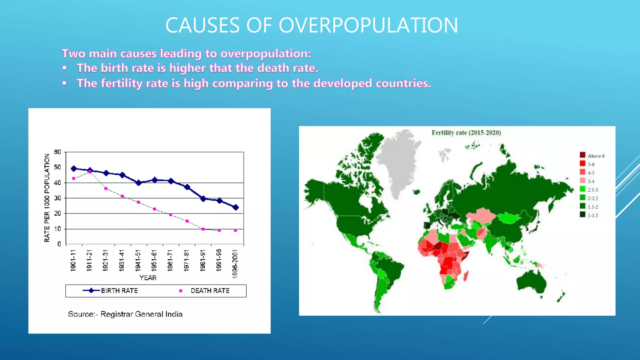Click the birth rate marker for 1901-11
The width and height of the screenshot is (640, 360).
(x=74, y=169)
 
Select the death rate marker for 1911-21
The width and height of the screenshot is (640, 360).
(x=90, y=172)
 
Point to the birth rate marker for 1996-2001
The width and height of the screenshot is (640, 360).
(x=236, y=207)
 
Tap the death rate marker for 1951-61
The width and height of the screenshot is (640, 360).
(x=154, y=209)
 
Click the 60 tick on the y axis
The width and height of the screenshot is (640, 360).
(x=57, y=152)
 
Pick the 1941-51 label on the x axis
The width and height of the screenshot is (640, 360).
(x=138, y=260)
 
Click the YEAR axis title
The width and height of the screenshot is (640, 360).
(x=148, y=277)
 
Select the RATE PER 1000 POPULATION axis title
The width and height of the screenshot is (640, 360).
(x=47, y=198)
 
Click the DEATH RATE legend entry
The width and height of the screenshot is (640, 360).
(x=210, y=291)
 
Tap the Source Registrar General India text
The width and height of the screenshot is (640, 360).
(x=125, y=314)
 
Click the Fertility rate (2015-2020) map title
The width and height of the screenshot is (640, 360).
(x=466, y=133)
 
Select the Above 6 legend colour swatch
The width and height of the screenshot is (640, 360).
(x=582, y=155)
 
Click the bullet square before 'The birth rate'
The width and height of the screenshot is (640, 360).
(x=64, y=68)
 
